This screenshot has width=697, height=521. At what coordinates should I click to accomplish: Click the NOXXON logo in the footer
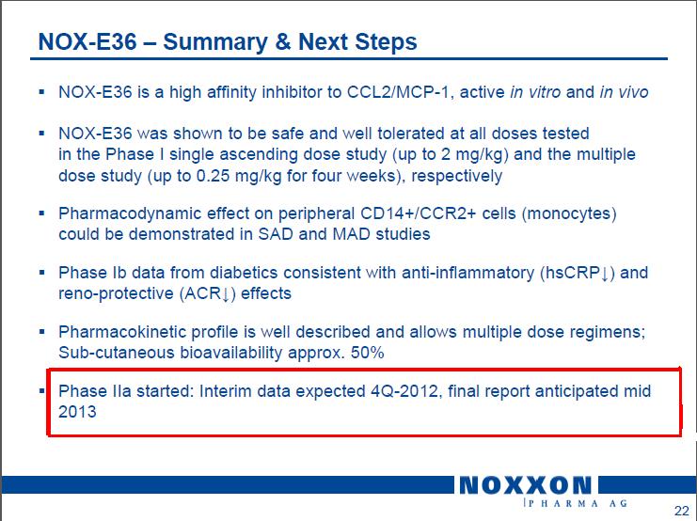pos(526,485)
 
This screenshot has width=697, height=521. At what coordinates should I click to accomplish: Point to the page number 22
pos(681,511)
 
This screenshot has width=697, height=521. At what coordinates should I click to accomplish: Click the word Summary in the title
pos(215,42)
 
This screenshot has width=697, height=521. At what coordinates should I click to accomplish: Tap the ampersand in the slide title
pos(283,41)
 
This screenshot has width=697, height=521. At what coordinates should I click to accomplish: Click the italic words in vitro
pos(535,92)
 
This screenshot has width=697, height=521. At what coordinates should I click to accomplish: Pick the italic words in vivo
pos(624,92)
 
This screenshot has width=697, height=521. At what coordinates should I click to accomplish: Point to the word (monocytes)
pos(569,213)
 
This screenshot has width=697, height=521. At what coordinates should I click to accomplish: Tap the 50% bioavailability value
pos(367,353)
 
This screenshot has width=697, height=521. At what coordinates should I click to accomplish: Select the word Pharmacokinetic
pos(122,332)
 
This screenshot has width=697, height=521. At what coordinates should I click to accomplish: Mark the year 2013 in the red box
pos(77,412)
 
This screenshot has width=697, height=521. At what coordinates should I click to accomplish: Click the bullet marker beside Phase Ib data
pos(41,272)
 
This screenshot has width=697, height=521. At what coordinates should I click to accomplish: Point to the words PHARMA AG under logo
pos(577,503)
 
